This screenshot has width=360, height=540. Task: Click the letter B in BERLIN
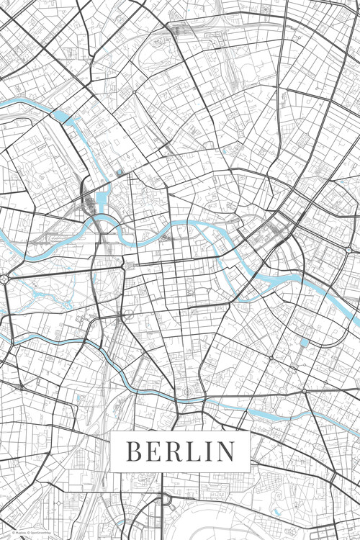coord(134,451)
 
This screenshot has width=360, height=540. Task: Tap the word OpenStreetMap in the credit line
coord(36,532)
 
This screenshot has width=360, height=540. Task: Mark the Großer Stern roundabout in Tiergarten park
coord(5,278)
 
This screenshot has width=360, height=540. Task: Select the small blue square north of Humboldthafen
coord(119,173)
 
